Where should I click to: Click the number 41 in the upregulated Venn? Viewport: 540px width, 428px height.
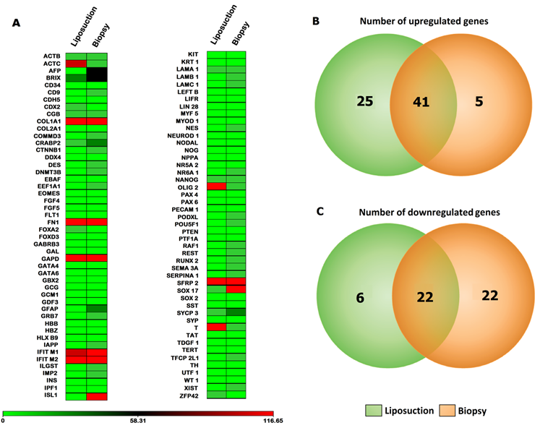pos(420,102)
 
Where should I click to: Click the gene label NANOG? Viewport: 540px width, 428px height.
pos(187,179)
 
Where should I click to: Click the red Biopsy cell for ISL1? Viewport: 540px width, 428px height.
pos(96,395)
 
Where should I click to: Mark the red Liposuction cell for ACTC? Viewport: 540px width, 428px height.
pos(76,63)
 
